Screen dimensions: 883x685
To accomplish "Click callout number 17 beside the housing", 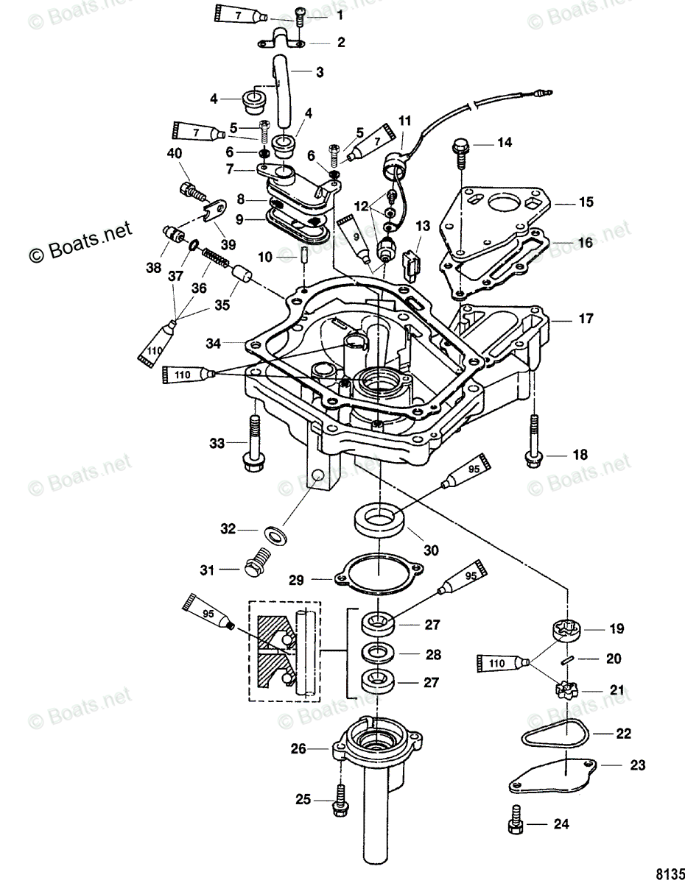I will click(585, 319).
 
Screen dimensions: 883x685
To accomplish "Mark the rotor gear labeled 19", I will click(567, 632).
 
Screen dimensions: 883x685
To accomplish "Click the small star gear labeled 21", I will click(565, 691).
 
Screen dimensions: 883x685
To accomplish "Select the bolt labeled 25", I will click(342, 798).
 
